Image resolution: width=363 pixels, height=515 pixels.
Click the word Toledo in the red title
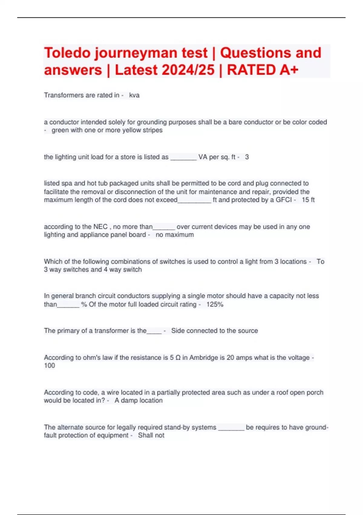click(67, 53)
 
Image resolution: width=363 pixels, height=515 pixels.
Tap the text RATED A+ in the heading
click(263, 70)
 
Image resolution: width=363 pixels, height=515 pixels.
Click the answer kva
click(134, 95)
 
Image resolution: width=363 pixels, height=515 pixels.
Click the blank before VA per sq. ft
click(183, 157)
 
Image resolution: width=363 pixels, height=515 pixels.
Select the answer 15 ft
click(308, 200)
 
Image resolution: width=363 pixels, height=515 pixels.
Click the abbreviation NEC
click(100, 227)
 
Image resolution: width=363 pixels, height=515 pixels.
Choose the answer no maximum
click(175, 235)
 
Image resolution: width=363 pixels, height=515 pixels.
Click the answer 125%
click(215, 304)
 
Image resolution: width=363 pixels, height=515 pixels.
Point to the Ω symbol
click(178, 358)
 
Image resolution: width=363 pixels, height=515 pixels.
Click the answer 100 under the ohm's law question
click(50, 366)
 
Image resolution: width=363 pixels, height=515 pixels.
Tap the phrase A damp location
click(139, 400)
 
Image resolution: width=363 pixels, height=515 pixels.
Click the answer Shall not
click(151, 435)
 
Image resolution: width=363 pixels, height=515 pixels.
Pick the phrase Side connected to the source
click(214, 331)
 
